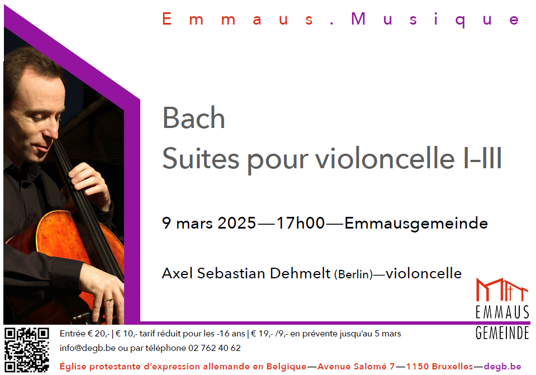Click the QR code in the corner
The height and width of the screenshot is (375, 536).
[27, 349]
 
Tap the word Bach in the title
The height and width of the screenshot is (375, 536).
[193, 118]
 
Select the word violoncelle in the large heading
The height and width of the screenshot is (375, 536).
[385, 158]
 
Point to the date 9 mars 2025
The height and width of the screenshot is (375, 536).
[209, 223]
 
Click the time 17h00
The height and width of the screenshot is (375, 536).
[300, 223]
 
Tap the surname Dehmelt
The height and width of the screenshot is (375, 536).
[300, 273]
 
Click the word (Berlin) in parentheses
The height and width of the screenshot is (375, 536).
[353, 274]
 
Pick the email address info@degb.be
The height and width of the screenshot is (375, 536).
[88, 348]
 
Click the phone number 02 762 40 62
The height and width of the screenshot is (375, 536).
[214, 348]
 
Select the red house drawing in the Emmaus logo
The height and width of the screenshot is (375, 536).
[502, 290]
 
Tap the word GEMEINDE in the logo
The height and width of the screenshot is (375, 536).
[502, 333]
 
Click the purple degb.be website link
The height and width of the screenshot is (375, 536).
[502, 367]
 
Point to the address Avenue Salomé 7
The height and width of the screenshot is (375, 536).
[356, 367]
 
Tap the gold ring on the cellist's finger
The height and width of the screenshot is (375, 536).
[108, 300]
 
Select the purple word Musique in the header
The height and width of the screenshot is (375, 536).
[435, 19]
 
